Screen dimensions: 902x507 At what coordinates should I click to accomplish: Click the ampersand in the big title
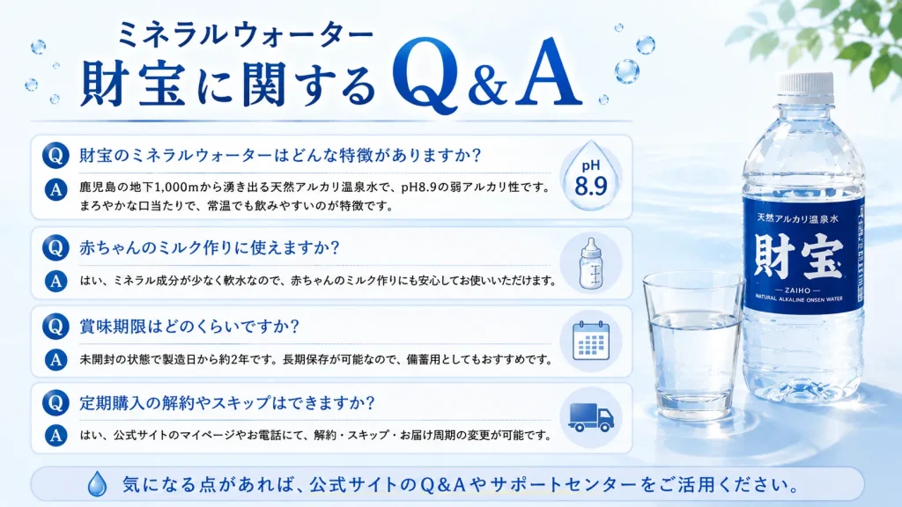point(487,85)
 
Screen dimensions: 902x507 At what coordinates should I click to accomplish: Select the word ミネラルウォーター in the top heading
point(246,35)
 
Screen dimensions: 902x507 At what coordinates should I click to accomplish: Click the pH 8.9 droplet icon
point(591,176)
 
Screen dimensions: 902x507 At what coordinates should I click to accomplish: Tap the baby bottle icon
point(591,263)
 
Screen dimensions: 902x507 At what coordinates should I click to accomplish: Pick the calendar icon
point(591,341)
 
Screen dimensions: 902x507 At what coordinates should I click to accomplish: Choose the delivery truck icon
point(591,416)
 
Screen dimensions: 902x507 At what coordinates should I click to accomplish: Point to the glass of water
point(694,346)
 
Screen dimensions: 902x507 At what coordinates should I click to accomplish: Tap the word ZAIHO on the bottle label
point(797,290)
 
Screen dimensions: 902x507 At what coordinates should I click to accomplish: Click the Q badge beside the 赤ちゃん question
point(55,247)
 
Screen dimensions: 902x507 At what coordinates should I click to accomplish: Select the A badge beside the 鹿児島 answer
point(55,190)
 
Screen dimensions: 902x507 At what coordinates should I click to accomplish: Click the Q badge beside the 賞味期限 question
point(55,327)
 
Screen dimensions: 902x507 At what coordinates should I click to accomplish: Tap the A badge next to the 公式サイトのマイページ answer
point(55,435)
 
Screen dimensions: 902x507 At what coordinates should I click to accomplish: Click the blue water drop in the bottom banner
point(97,484)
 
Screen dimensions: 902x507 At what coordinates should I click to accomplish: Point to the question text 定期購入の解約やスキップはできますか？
point(227,403)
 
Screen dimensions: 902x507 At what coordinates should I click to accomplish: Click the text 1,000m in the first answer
point(176,187)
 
